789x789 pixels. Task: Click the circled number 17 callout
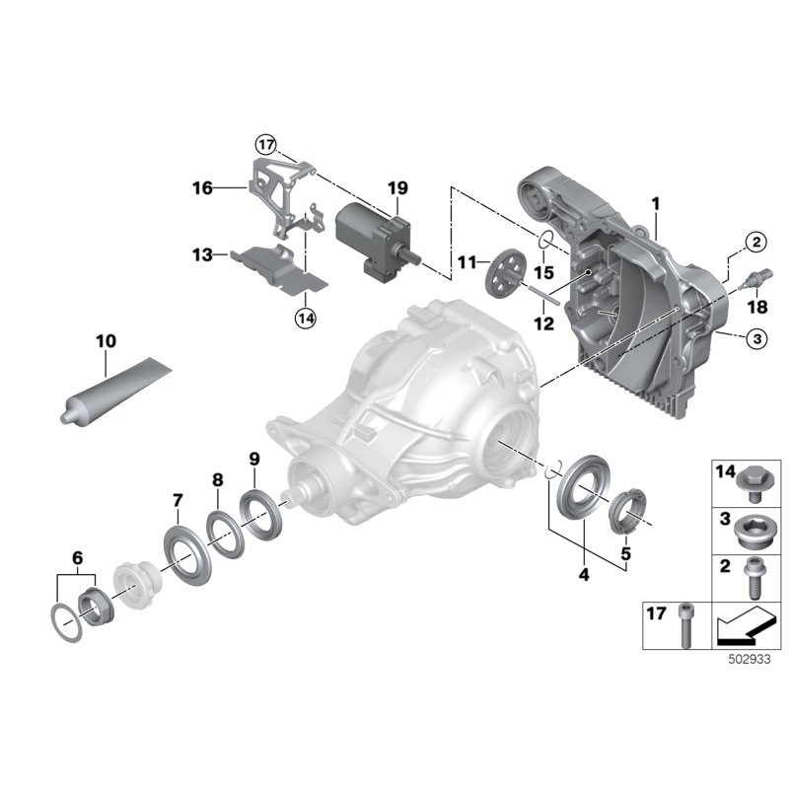[x=265, y=145]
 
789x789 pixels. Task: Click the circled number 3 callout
[x=756, y=338]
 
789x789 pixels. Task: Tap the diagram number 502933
[x=750, y=660]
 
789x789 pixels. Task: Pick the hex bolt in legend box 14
[x=753, y=485]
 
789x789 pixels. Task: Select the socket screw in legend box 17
[x=686, y=626]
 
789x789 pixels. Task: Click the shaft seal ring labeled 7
[x=187, y=555]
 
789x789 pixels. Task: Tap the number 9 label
[x=254, y=459]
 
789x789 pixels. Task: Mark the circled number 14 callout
[x=306, y=318]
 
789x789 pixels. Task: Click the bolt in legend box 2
[x=753, y=579]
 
